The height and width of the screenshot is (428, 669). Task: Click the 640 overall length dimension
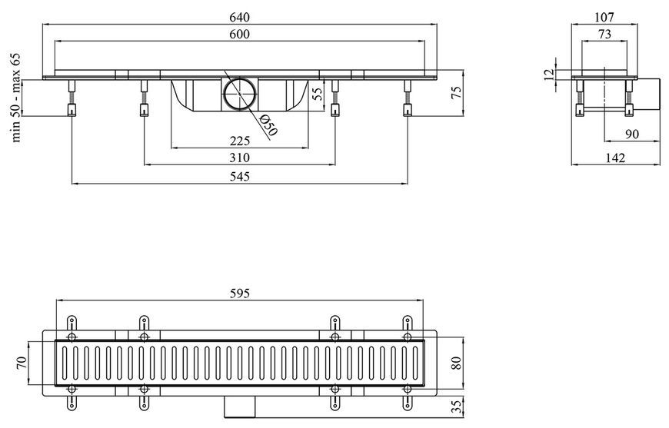pos(239,18)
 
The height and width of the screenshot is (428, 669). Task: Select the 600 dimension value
pos(239,34)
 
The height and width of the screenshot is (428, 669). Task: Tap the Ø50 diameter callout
pos(268,125)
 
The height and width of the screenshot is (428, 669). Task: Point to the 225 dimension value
pos(239,141)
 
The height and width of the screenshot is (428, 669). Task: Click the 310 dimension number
pos(239,158)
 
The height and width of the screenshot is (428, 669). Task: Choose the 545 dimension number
pos(239,176)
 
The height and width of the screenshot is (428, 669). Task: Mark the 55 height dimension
pos(317,94)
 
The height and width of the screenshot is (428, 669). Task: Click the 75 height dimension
pos(456,93)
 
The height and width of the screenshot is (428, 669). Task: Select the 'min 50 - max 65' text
pos(16,98)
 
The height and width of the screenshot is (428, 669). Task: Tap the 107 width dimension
pos(604,17)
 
